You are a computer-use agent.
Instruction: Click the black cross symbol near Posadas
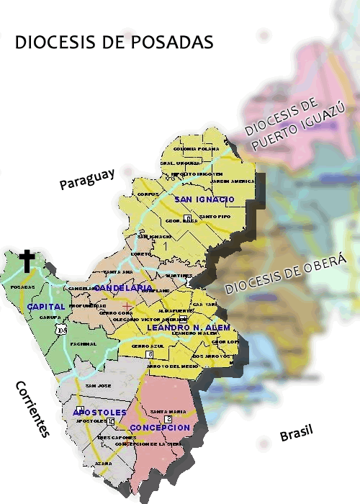point(27,261)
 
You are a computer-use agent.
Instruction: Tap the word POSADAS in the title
point(173,42)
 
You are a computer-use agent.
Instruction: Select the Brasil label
point(297,434)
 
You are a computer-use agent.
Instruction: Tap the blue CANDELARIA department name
point(123,287)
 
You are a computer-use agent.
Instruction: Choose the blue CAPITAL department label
point(46,307)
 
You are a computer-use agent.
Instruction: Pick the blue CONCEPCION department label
point(160,428)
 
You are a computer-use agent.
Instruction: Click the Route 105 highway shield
point(63,330)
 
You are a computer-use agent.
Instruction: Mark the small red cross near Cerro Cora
point(127,307)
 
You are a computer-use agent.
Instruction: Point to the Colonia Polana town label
point(195,149)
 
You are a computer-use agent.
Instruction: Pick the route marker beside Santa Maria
point(168,418)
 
